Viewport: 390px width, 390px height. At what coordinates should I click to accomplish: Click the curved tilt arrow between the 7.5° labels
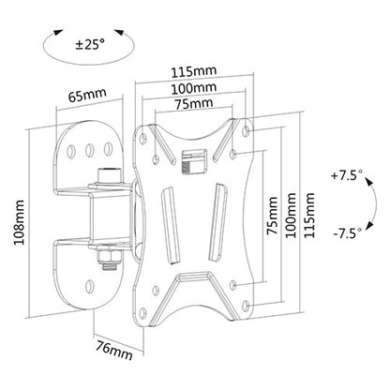[364, 205]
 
